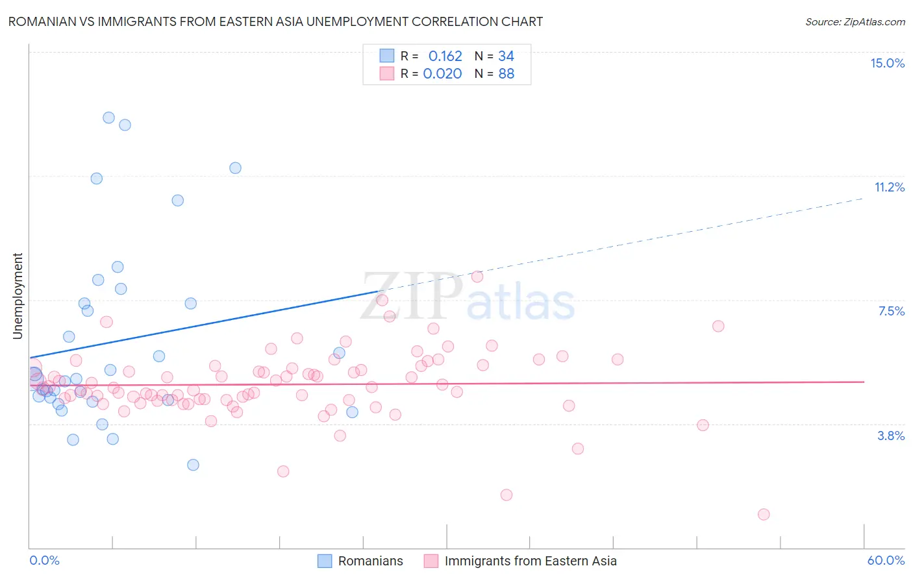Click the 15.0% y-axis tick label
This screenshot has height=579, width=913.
tap(887, 63)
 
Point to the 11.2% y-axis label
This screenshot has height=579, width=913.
tap(889, 187)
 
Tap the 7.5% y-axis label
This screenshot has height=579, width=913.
tap(891, 311)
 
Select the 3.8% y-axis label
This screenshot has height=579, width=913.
tap(891, 436)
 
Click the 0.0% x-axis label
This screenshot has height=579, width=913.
tap(44, 560)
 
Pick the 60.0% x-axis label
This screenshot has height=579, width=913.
tap(886, 560)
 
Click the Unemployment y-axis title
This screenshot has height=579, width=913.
tap(18, 296)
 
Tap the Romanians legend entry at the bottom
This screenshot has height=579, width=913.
tap(370, 561)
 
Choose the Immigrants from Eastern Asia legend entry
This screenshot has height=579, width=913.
tap(530, 561)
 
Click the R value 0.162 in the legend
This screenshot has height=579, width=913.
tap(445, 56)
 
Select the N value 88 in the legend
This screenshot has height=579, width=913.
tap(506, 74)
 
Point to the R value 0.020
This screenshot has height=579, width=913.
tap(442, 74)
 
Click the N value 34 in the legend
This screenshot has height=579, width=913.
tap(506, 56)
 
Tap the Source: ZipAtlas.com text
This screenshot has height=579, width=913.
tap(855, 21)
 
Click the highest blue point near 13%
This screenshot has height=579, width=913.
tap(108, 117)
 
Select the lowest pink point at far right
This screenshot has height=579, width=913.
tap(764, 514)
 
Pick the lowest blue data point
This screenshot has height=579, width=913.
tap(193, 465)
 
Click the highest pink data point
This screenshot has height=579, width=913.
tap(477, 277)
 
